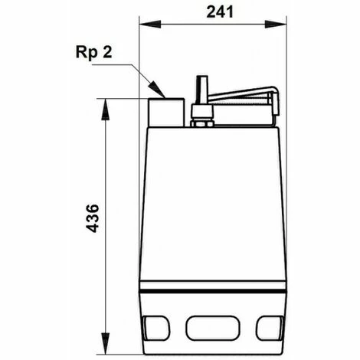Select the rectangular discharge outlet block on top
166,112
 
